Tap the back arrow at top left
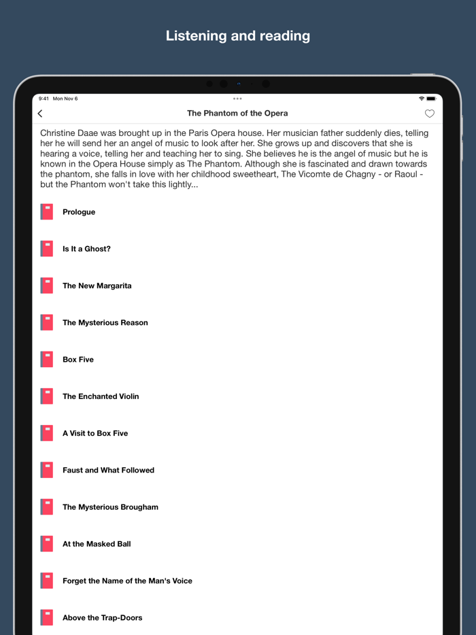coord(40,114)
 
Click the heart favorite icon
coord(429,114)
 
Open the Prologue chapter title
coord(79,212)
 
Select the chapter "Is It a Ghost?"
coord(86,249)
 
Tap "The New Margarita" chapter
coord(97,286)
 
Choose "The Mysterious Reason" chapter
coord(105,323)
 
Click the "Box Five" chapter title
coord(78,360)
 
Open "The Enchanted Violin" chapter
coord(101,396)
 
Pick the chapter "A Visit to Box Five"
coord(95,433)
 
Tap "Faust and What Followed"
coord(108,470)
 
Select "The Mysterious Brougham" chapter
coord(110,507)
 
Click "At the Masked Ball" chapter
coord(97,544)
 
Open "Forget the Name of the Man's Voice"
coord(127,581)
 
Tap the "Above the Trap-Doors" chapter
coord(102,618)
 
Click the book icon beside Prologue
coord(47,212)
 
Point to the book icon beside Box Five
coord(47,360)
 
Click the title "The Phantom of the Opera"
coord(237,114)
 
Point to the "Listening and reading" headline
coord(238,36)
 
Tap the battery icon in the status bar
coord(430,99)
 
